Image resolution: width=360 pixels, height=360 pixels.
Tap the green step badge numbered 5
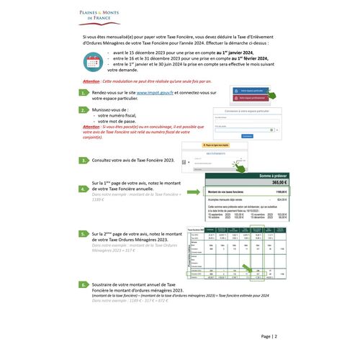pos(85,235)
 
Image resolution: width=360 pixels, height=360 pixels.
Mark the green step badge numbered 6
pos(85,285)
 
